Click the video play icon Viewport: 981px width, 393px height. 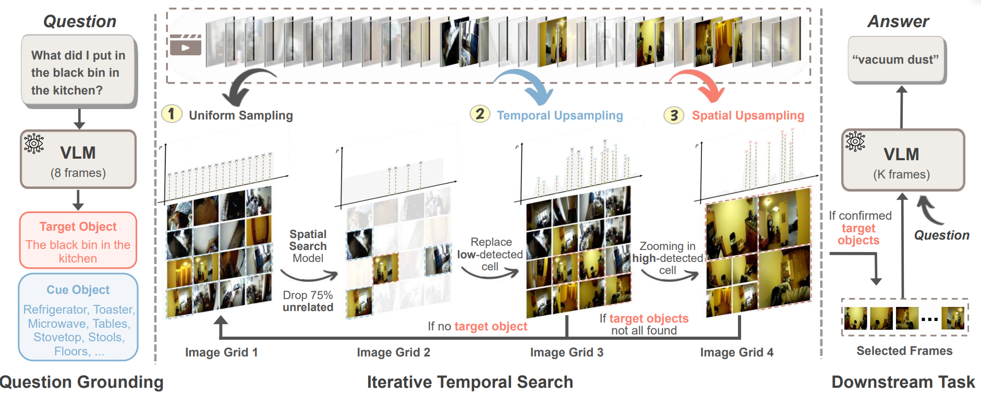point(185,45)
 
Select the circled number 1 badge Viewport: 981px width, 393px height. point(172,114)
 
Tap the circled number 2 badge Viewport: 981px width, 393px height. point(480,114)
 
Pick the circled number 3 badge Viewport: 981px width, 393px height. point(674,115)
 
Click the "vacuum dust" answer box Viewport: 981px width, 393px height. point(896,59)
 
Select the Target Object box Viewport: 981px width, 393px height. point(78,241)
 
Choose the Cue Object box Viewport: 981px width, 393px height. point(78,317)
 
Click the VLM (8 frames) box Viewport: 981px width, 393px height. point(78,159)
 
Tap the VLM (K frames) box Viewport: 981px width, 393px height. point(902,160)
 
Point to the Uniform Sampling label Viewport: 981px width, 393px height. point(240,115)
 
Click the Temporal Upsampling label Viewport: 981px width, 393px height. point(560,115)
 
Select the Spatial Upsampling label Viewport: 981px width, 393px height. point(748,115)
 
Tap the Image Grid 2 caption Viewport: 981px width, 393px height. point(393,352)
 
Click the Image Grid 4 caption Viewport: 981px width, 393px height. point(736,352)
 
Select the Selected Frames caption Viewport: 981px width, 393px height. point(904,351)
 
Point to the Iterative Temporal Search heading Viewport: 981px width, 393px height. point(469,382)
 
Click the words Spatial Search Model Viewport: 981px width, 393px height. point(308,246)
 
